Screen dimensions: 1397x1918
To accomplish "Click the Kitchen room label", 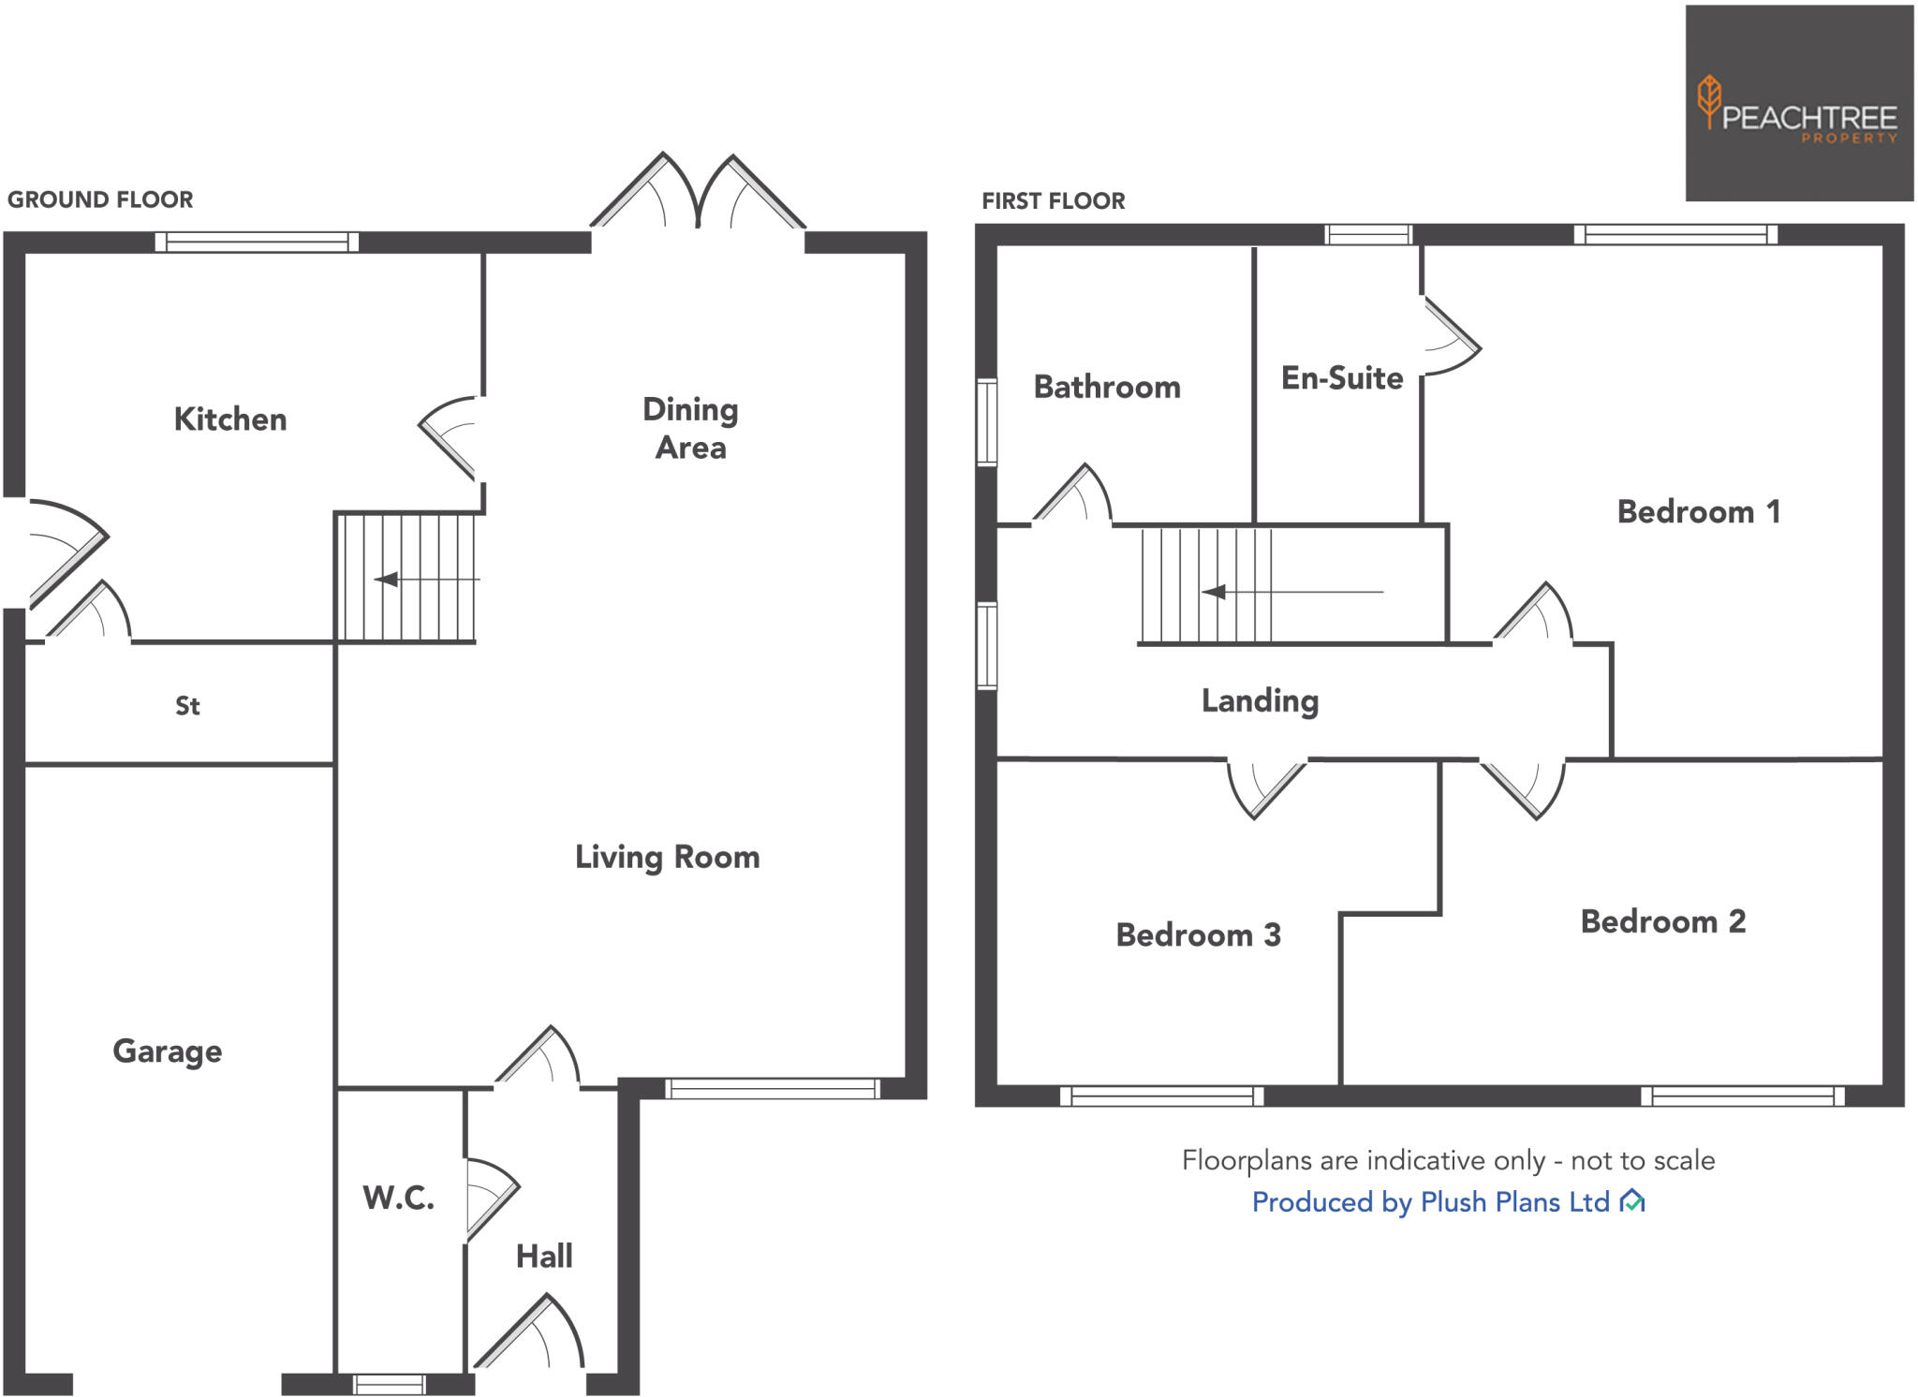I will (x=230, y=419).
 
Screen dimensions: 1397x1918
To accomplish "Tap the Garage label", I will (x=168, y=1051).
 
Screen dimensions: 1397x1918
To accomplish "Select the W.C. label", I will (x=399, y=1198).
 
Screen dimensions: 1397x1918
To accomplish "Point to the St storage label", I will (x=187, y=706).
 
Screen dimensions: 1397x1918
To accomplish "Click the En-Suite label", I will (x=1342, y=378).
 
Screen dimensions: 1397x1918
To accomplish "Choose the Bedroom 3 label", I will (x=1198, y=935).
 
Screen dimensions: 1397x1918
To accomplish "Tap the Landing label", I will (x=1260, y=701).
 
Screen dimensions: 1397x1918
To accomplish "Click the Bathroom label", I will (x=1107, y=388).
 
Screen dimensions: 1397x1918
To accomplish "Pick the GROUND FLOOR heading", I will (x=100, y=200).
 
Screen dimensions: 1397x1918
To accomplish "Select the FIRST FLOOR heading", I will (x=1053, y=201).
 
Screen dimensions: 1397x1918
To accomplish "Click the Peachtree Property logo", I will (x=1798, y=104).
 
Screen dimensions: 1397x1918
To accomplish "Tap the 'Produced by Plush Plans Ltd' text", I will (x=1430, y=1202).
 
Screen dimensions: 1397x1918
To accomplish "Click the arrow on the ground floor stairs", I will (x=387, y=580).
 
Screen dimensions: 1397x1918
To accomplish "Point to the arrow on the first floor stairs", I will (x=1215, y=592).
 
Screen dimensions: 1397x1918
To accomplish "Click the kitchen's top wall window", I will (x=257, y=243).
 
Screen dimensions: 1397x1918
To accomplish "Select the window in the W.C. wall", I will (x=390, y=1384).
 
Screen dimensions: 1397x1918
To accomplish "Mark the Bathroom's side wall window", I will (x=986, y=421).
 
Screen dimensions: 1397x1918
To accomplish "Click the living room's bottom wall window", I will (x=773, y=1088).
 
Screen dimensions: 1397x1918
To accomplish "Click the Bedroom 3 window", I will (x=1161, y=1096).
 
